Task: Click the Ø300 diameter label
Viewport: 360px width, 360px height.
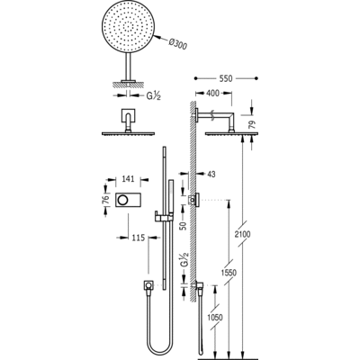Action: (178, 44)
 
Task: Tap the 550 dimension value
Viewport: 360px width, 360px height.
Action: (226, 78)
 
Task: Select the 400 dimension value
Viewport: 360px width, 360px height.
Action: (212, 94)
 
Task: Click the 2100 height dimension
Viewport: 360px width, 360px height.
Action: (243, 234)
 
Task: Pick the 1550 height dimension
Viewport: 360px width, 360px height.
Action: (229, 273)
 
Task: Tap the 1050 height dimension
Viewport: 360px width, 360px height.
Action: (215, 317)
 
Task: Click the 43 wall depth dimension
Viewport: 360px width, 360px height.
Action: (211, 174)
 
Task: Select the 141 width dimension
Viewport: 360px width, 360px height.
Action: (128, 179)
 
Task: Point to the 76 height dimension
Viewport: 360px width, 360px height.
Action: (105, 200)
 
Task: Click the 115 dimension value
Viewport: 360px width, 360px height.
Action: (138, 238)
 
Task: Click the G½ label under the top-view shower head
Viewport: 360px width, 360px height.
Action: (154, 96)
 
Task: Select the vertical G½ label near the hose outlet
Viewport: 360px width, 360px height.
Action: (184, 259)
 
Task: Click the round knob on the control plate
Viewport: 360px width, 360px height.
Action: (123, 200)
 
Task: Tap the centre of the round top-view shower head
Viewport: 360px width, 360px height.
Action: (129, 26)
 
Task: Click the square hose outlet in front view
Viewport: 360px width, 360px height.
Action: (148, 285)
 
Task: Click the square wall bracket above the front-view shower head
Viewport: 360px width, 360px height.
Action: (129, 116)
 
